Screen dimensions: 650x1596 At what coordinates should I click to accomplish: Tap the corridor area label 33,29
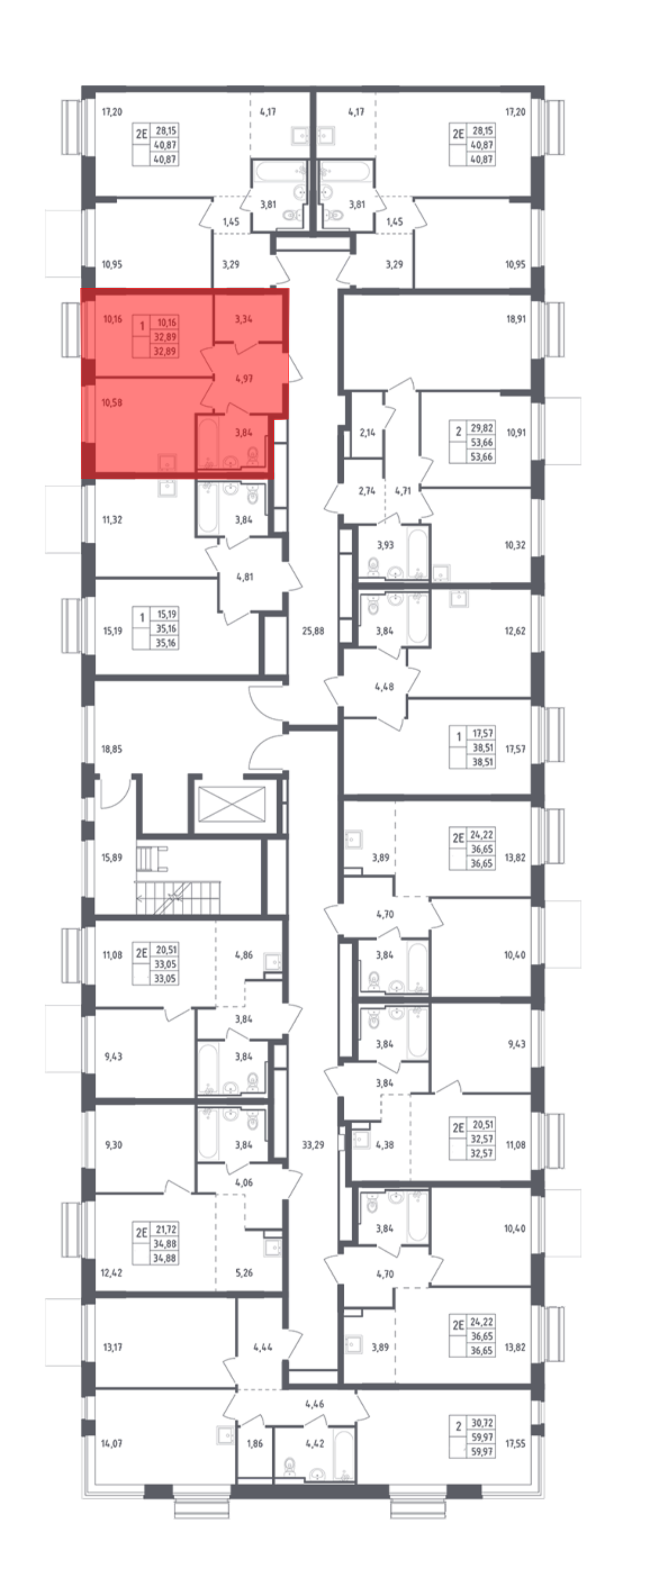click(x=313, y=1145)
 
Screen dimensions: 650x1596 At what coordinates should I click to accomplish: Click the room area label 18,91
click(x=515, y=319)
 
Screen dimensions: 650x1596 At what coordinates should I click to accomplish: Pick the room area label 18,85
click(x=112, y=749)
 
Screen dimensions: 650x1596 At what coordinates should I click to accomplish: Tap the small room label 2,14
click(x=368, y=432)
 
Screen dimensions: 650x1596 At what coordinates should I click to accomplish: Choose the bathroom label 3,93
click(x=385, y=545)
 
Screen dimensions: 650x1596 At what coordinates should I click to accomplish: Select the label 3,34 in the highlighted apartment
click(x=243, y=319)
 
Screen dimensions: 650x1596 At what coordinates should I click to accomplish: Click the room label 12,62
click(x=515, y=631)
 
